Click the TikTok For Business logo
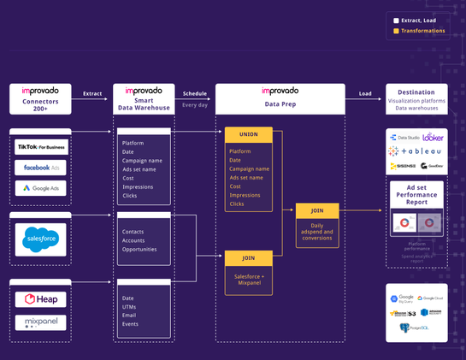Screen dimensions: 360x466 [40, 146]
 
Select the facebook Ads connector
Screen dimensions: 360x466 [40, 168]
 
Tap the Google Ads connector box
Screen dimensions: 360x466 [40, 188]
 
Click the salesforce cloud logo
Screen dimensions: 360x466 [40, 239]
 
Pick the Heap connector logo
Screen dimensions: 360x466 [40, 299]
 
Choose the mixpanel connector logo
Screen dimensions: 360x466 [40, 322]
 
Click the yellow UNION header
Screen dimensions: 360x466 [249, 134]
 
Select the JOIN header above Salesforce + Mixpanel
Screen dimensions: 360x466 [249, 257]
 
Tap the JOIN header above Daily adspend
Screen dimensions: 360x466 [317, 210]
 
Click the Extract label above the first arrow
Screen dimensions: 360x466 [92, 93]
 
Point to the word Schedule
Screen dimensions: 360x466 [195, 93]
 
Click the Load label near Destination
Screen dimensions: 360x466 [365, 93]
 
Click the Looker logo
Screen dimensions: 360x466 [433, 137]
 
